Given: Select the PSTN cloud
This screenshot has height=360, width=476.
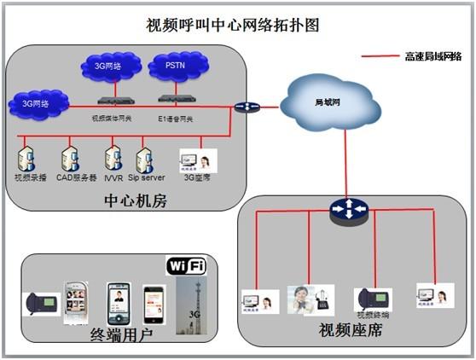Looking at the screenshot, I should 174,65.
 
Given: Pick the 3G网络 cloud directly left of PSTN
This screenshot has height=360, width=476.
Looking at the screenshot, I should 107,66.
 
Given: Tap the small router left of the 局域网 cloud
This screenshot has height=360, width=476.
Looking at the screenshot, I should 247,107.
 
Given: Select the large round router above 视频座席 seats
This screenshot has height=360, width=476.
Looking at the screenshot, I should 347,209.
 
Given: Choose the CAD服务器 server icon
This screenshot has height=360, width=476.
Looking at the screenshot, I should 70,159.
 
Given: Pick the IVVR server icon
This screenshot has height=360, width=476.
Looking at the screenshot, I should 113,159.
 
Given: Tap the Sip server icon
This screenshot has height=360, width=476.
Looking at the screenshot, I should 144,160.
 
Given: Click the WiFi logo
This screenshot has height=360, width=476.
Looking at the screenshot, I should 186,266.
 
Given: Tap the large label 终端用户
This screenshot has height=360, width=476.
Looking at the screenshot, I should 121,335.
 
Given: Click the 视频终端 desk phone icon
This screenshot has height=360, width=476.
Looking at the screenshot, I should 373,299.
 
